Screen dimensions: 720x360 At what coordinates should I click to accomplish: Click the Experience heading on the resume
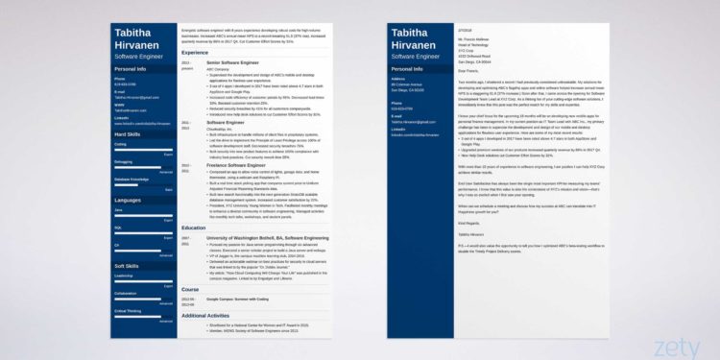[196, 52]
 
